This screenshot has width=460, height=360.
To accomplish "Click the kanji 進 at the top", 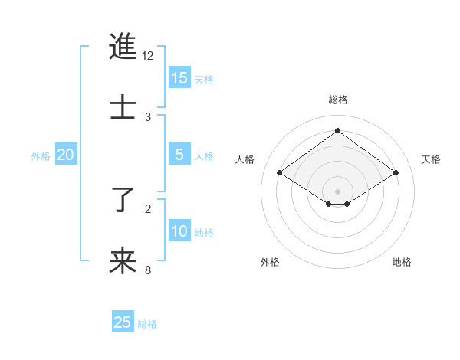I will (123, 47).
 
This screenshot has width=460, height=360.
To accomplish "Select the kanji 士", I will (123, 106).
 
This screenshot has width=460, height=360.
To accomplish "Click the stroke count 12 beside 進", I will (148, 56).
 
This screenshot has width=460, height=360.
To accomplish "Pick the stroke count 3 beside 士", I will (148, 116).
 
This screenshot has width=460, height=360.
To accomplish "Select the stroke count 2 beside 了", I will (148, 208).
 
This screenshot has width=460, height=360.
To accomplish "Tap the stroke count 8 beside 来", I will (148, 270).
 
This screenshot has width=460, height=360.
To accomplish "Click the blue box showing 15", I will (179, 78).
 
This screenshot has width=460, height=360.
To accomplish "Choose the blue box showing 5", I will (179, 155).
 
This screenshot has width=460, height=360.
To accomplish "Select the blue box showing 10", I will (179, 231).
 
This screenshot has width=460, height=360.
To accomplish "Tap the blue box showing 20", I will (66, 155).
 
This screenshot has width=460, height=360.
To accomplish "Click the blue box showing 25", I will (123, 322).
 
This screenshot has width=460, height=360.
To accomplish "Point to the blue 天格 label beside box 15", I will (204, 80).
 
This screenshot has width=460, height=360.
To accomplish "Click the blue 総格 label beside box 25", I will (147, 324).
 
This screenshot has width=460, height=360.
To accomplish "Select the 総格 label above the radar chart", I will (338, 100).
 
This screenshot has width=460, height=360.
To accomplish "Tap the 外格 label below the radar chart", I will (270, 262).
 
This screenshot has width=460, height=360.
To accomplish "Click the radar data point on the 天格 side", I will (396, 173).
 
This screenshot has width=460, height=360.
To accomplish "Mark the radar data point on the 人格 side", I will (280, 173).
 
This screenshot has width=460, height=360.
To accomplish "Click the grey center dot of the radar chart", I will (338, 191).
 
